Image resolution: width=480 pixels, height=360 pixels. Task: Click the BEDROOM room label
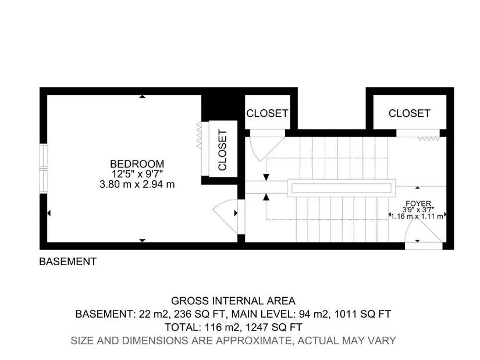click(137, 164)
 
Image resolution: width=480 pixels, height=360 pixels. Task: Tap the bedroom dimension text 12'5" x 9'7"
click(137, 174)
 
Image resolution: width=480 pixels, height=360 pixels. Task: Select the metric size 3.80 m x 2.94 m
click(137, 184)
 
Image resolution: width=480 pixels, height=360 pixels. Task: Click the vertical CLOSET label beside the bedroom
click(223, 149)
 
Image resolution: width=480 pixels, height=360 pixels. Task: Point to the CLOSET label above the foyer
click(409, 113)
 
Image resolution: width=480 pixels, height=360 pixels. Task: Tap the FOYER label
click(418, 204)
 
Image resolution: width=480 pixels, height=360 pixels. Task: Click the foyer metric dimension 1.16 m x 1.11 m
click(417, 216)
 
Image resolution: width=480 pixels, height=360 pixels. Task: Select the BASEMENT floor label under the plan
click(68, 262)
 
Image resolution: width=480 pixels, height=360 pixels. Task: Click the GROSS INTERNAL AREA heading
click(233, 301)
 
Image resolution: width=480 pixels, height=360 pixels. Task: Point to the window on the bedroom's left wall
click(44, 168)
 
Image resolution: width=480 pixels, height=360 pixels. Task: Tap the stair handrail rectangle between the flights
click(342, 188)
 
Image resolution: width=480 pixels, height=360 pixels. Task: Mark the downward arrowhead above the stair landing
click(266, 177)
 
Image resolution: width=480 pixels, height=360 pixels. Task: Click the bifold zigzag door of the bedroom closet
click(200, 136)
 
